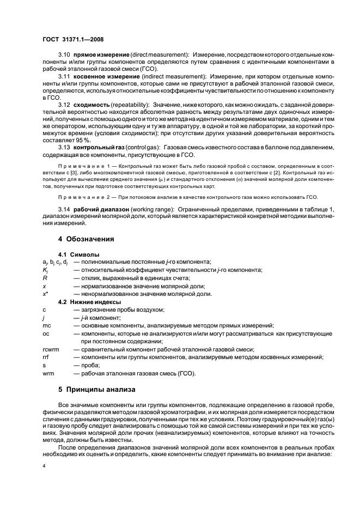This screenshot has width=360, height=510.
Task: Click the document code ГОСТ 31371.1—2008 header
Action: point(74,39)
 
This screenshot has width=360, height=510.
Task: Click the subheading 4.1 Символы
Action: point(79,254)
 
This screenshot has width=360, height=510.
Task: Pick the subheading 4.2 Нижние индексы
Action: point(90,301)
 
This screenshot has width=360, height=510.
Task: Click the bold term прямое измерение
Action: point(101,56)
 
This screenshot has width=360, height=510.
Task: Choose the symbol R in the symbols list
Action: point(45,278)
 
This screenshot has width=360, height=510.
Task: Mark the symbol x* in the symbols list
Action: point(46,294)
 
